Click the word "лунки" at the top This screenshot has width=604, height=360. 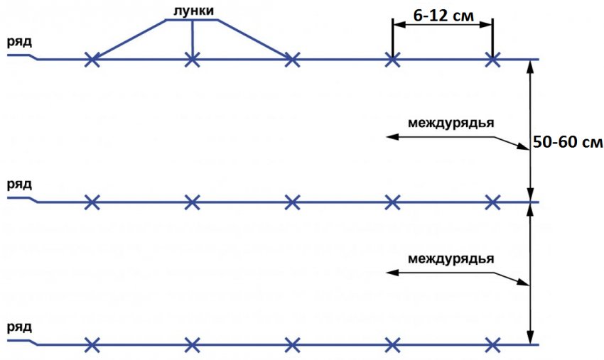pos(193,11)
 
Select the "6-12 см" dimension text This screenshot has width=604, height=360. pos(443,16)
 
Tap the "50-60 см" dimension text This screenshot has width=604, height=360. pos(568,142)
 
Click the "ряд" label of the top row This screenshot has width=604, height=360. pos(19,43)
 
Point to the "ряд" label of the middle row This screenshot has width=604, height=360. pos(19,185)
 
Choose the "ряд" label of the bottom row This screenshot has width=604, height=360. pos(19,327)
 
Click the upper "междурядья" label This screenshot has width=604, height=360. pos(451,124)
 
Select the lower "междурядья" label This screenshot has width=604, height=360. pos(451,258)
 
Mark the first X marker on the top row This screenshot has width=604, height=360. pos(92,60)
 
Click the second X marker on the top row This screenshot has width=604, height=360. pos(193,60)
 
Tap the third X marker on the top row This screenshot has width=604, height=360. pos(292,60)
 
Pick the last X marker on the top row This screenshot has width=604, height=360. pos(492,60)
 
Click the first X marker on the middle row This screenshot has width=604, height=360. pos(92,202)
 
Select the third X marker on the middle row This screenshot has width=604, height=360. pos(292,202)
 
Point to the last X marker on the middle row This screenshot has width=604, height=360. pos(492,202)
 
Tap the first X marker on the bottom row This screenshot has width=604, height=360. pos(92,345)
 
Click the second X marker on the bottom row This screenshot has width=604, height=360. pos(193,345)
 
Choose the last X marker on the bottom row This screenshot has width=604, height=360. pos(492,345)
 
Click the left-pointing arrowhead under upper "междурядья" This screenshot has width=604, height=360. pos(392,136)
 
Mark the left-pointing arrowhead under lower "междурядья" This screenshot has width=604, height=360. pos(392,273)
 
